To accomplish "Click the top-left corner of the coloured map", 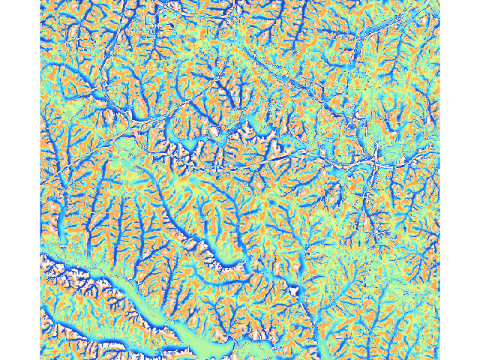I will click(x=40, y=1).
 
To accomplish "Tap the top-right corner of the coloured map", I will click(x=438, y=1).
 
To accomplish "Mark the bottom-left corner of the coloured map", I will click(x=40, y=358).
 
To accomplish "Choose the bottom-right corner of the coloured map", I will click(x=438, y=358).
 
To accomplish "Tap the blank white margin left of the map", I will click(x=19, y=180).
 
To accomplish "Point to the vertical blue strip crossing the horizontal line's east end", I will click(x=373, y=161).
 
